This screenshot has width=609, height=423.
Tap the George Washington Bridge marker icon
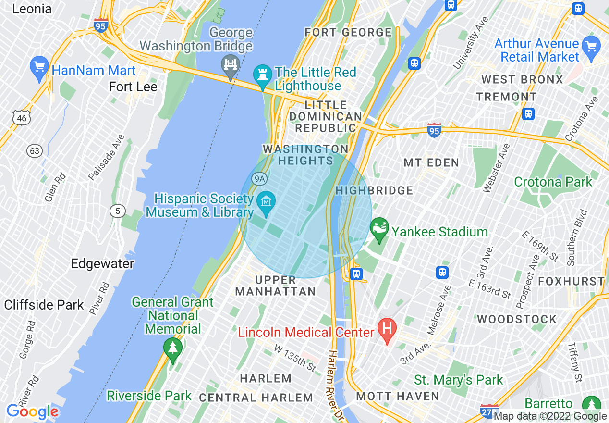[231, 65]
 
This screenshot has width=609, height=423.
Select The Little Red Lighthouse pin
[262, 76]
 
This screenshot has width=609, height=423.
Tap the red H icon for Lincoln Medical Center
[387, 330]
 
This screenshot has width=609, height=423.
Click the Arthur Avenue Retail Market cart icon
[591, 47]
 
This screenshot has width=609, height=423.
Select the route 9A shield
[259, 179]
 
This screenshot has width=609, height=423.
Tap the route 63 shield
[35, 151]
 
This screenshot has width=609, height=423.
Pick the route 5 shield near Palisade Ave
[117, 211]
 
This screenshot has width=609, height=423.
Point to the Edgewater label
[102, 263]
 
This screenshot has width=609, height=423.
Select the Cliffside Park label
[44, 305]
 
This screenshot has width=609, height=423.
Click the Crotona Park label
[553, 182]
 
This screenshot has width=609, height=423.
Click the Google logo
[32, 411]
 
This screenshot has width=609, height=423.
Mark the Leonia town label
[32, 9]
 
